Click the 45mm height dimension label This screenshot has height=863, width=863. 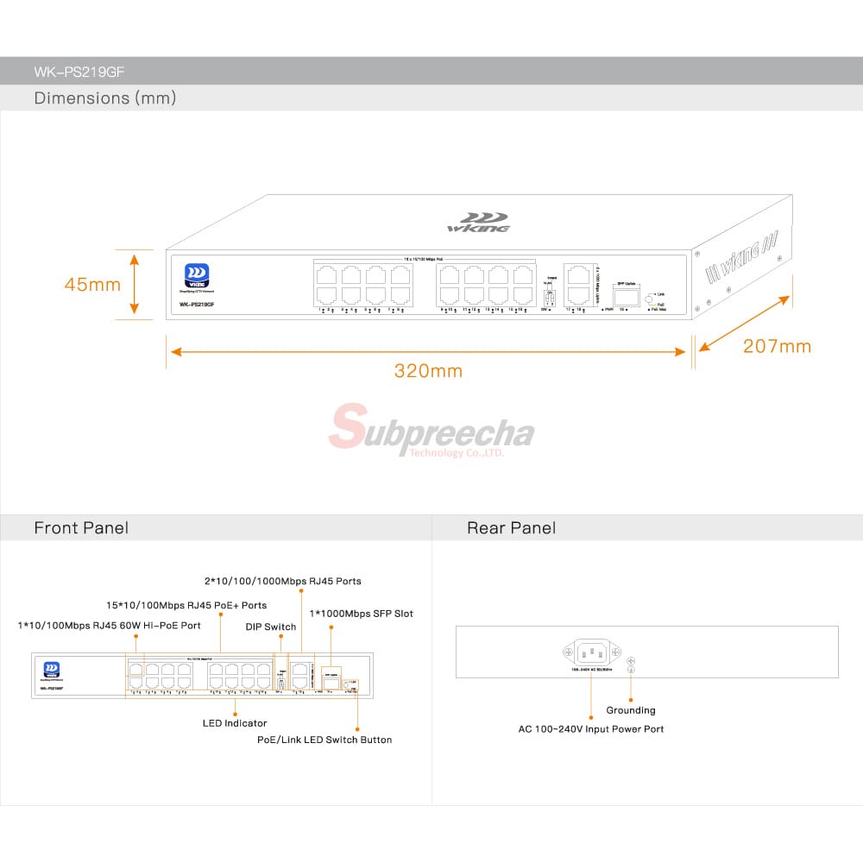tap(92, 283)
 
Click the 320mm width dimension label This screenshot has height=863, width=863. tap(428, 371)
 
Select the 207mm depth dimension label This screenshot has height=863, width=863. tap(777, 346)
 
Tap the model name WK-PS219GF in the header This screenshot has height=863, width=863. tap(73, 72)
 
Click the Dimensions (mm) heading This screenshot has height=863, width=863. tap(104, 98)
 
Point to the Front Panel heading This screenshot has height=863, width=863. tap(81, 528)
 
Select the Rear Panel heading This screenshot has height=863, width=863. tap(511, 528)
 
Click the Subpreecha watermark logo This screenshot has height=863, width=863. tap(431, 430)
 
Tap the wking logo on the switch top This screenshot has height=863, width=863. tap(477, 223)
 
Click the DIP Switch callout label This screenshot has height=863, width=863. tap(270, 627)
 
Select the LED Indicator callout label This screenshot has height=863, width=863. tap(235, 723)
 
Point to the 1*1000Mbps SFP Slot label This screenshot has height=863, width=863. tap(361, 614)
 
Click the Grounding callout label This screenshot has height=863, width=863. tap(631, 710)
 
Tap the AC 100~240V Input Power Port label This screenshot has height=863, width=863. tap(591, 729)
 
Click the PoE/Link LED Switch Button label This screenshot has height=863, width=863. tap(324, 740)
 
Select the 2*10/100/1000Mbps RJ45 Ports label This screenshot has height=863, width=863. tap(282, 582)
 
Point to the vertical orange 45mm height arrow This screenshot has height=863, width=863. tap(135, 283)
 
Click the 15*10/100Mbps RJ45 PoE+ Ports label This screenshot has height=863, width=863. tap(186, 605)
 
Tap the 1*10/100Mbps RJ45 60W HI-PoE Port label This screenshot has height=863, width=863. tap(109, 625)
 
